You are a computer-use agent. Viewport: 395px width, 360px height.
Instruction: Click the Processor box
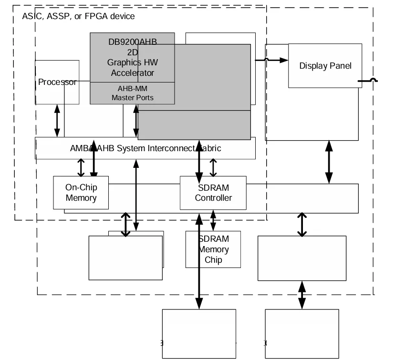coord(57,82)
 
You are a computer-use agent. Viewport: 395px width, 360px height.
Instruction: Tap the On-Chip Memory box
coord(81,193)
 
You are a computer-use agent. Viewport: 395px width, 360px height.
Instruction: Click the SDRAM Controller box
coord(213,193)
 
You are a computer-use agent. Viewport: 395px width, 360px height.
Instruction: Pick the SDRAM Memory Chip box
coord(213,249)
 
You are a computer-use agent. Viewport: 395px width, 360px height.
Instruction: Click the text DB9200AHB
coord(133,41)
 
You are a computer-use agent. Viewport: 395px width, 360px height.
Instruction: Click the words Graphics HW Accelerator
coord(133,68)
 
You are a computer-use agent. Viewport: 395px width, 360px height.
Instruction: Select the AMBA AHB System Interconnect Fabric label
coord(145,148)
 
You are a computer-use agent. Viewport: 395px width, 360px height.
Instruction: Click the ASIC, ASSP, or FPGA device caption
coord(78,16)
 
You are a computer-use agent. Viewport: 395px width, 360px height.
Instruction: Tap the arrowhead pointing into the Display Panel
coord(284,60)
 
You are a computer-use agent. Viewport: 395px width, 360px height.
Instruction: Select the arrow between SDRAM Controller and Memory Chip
coord(213,220)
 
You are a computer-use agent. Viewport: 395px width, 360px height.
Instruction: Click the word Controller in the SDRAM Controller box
coord(213,197)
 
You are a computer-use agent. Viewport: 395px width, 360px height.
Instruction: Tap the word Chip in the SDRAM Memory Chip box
coord(213,260)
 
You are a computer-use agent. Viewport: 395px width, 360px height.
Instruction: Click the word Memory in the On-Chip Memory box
coord(81,197)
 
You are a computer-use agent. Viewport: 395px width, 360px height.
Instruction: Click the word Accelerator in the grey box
coord(133,73)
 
